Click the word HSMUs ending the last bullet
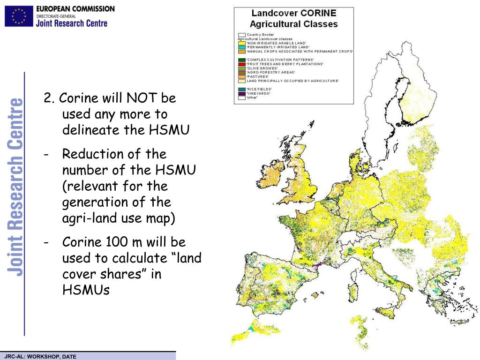86,290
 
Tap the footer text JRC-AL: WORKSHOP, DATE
40,357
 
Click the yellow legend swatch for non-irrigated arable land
242,43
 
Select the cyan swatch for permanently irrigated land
242,47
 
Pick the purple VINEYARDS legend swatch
242,93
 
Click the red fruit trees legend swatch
242,64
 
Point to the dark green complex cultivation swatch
242,60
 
